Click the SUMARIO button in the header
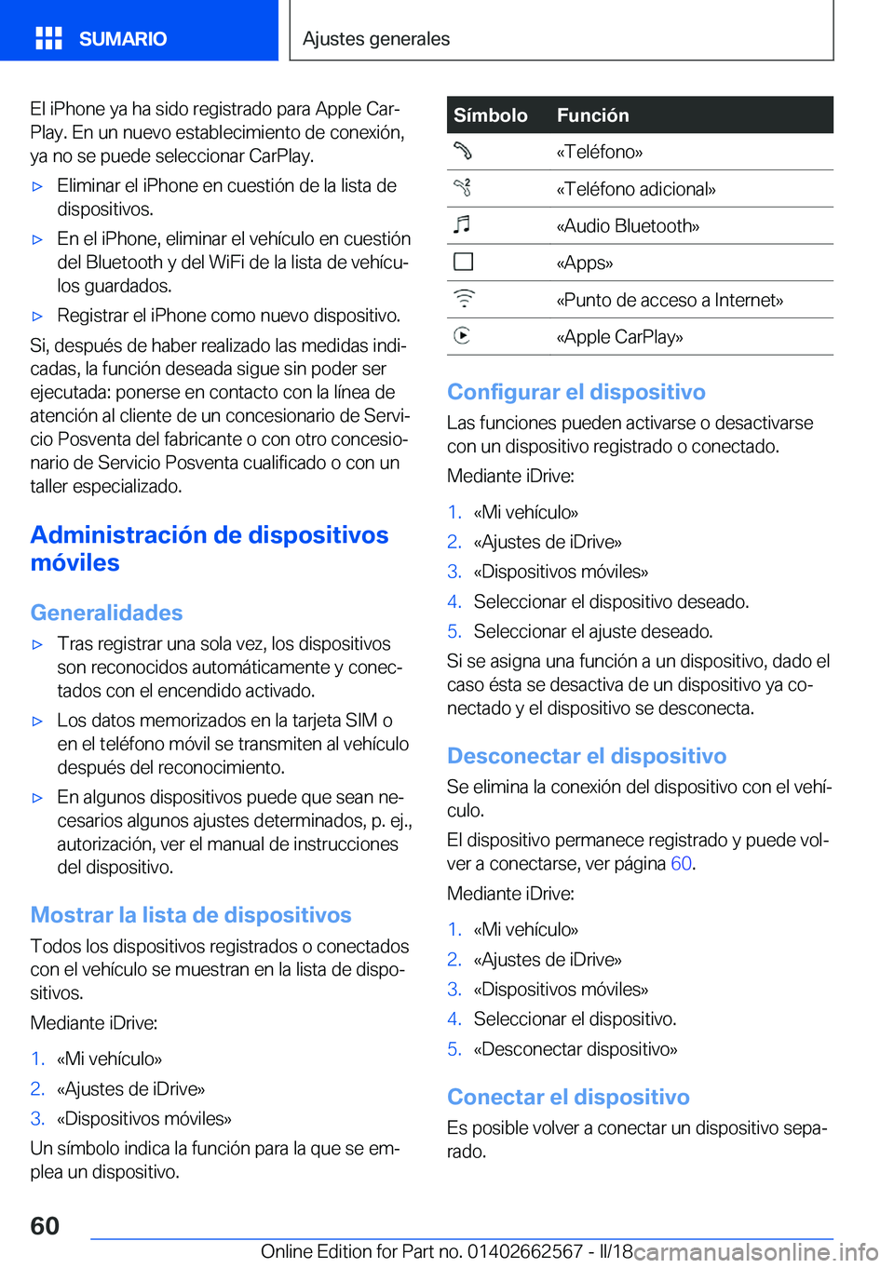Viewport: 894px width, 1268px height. tap(122, 39)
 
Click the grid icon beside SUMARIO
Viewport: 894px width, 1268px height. tap(48, 38)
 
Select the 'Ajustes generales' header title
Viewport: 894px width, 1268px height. tap(376, 39)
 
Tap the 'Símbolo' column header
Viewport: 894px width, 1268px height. tap(491, 115)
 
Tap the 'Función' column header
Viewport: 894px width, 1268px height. tap(593, 115)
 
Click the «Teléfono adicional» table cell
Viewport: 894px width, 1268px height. tap(636, 189)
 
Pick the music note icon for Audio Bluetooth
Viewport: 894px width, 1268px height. tap(463, 224)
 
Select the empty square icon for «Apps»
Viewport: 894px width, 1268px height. tap(463, 262)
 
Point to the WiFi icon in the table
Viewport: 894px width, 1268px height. tap(464, 299)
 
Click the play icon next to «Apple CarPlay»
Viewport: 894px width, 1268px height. tap(463, 335)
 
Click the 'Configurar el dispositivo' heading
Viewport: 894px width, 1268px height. tap(576, 392)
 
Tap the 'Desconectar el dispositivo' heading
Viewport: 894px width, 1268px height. tap(587, 756)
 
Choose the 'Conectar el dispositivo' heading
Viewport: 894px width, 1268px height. tap(568, 1097)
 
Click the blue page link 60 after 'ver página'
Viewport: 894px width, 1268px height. tap(681, 864)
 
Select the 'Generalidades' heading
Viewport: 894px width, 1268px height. tap(107, 613)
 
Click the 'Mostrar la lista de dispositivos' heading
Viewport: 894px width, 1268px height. tap(191, 915)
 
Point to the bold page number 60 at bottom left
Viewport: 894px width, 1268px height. tap(45, 1226)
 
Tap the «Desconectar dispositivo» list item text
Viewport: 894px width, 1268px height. tap(576, 1049)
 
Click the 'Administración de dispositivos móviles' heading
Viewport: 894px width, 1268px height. tap(210, 548)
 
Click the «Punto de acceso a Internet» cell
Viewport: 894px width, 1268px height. tap(670, 300)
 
